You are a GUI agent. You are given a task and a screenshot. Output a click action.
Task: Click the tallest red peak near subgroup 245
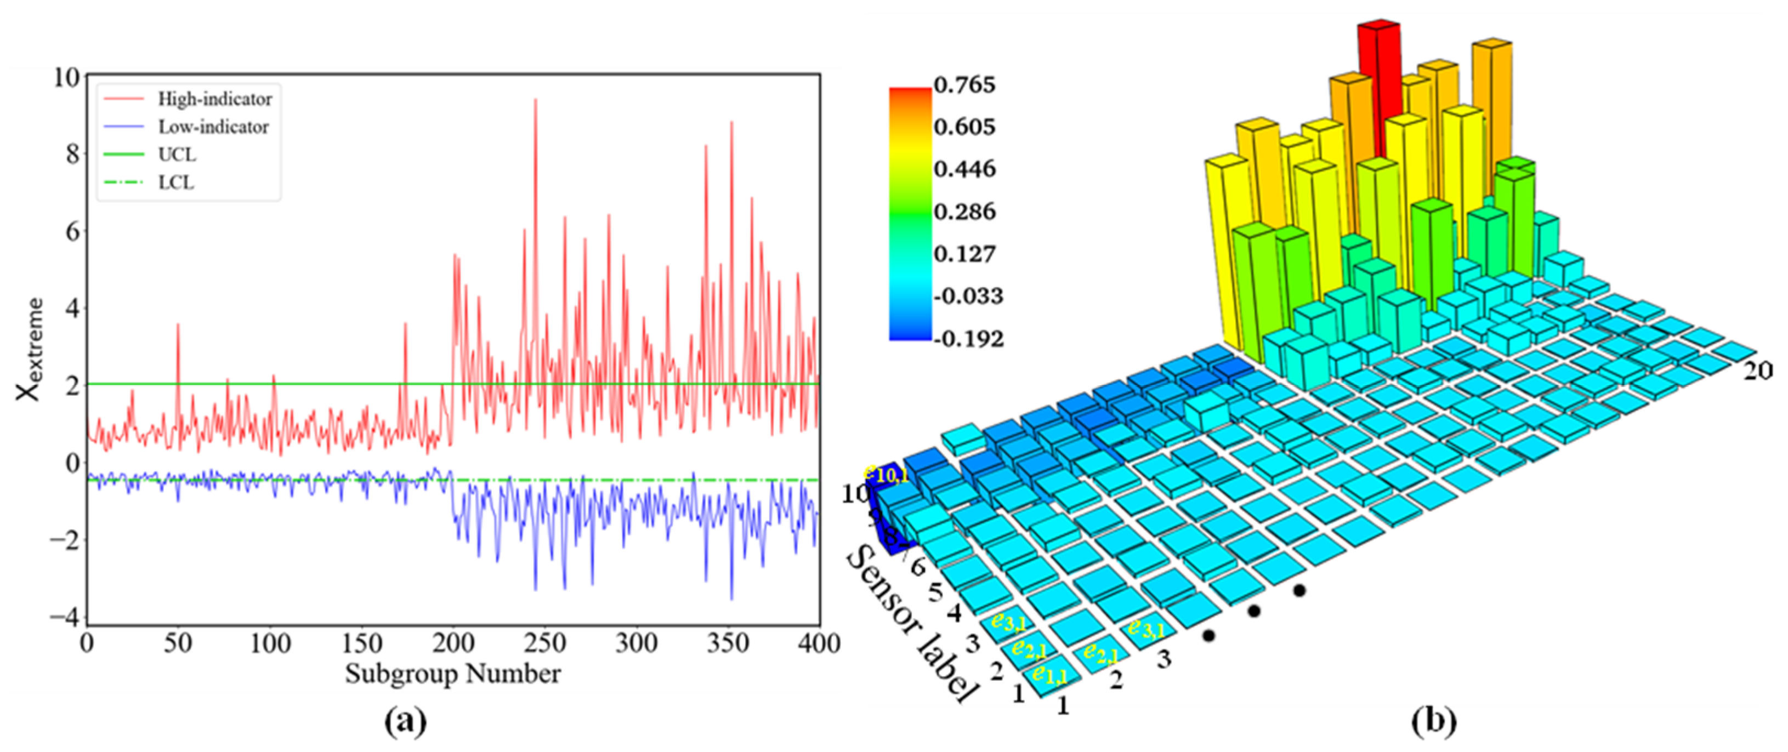click(x=535, y=101)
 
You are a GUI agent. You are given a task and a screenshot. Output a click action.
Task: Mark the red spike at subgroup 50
click(x=178, y=324)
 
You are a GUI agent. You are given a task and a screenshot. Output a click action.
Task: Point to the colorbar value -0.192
click(x=969, y=339)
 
